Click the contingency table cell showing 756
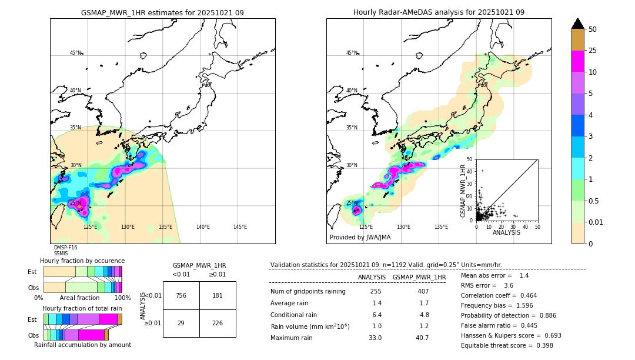tap(181, 295)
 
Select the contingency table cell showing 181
tap(218, 295)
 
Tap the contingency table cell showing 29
tap(181, 323)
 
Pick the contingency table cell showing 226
tap(218, 323)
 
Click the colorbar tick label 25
tap(593, 51)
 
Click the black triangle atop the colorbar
tap(578, 24)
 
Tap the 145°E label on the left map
tap(240, 227)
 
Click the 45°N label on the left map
tap(75, 53)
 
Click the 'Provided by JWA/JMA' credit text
tap(360, 238)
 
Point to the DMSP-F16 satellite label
tap(65, 248)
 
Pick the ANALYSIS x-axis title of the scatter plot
tap(506, 232)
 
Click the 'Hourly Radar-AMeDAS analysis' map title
tap(439, 12)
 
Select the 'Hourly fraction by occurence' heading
tap(82, 261)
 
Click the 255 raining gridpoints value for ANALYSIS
tap(376, 291)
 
